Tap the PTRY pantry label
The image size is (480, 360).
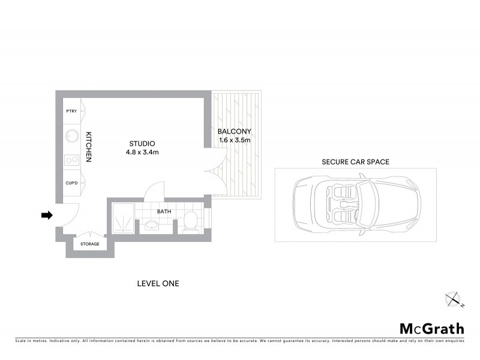coord(71,111)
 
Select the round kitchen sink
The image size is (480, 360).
coord(71,136)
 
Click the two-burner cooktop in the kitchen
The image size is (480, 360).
coord(71,160)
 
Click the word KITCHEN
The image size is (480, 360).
coord(88,147)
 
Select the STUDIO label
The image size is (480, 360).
coord(142,143)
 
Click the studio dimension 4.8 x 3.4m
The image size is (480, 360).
coord(142,152)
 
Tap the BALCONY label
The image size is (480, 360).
coord(235,131)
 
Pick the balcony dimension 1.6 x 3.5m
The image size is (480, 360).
coord(235,140)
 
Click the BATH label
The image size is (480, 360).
coord(164,212)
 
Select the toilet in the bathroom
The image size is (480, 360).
coord(190,221)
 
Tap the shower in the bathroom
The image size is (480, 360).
coord(124,219)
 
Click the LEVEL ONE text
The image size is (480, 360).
coord(158,283)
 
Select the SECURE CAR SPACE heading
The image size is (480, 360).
coord(356,162)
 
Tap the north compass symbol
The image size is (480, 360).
coord(454,298)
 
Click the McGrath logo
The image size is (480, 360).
coord(431,328)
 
